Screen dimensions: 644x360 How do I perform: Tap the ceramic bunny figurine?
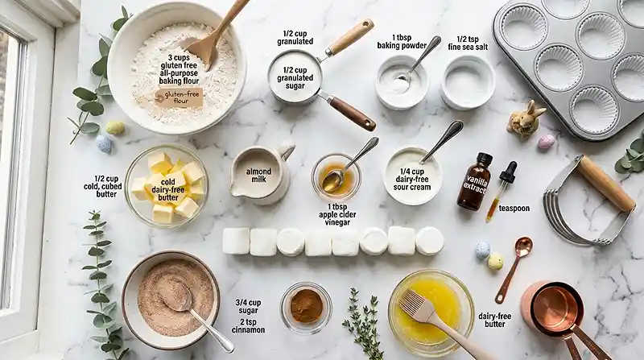(526, 118)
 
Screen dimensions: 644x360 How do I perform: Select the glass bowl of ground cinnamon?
(306, 307)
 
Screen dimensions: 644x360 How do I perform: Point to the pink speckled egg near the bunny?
(546, 142)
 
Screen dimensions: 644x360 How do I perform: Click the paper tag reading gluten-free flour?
(179, 97)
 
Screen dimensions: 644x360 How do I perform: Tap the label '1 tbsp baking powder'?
(402, 42)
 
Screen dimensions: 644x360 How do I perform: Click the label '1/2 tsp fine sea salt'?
(468, 43)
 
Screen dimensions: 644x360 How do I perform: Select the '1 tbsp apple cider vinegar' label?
(337, 214)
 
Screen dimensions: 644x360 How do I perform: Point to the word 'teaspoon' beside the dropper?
(514, 209)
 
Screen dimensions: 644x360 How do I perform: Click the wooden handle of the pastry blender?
(606, 183)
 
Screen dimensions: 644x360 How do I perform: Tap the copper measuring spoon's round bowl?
(523, 246)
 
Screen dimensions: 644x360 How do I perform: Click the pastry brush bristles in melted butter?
(413, 302)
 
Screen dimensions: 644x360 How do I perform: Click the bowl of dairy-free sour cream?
(412, 176)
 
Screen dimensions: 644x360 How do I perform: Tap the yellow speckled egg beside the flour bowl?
(115, 128)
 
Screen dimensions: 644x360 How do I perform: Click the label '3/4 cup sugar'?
(248, 307)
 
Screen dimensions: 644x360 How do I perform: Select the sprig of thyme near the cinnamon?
(364, 323)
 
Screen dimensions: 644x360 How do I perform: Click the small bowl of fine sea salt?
(469, 82)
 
